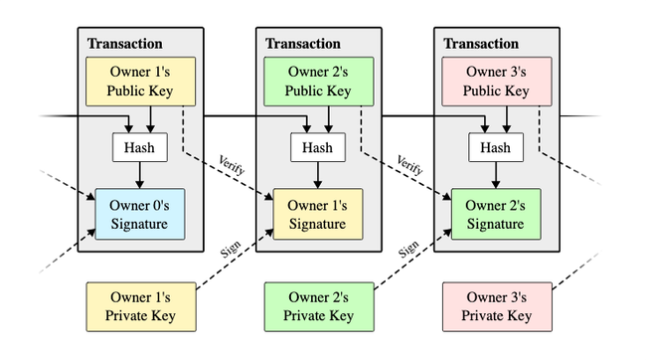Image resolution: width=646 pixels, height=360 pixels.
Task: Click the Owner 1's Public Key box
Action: (x=140, y=82)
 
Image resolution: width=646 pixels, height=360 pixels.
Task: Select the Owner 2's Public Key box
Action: (x=318, y=82)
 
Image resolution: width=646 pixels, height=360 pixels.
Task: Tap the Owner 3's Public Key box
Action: (x=497, y=82)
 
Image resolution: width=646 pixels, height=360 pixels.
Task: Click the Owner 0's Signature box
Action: (x=140, y=214)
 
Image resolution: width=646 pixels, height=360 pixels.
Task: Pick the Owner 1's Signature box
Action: (x=318, y=214)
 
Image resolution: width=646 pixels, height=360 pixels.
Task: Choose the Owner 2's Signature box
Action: (x=496, y=214)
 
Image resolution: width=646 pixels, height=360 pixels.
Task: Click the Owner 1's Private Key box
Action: (x=141, y=307)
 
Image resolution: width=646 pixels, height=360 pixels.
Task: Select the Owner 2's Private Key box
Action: (x=319, y=307)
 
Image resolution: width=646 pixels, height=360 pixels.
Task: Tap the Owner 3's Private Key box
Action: (x=497, y=307)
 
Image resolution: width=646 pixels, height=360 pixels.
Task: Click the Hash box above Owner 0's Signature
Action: (x=140, y=147)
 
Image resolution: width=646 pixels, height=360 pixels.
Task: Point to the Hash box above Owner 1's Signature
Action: (x=318, y=147)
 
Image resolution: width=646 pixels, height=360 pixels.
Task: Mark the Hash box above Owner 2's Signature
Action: (x=496, y=147)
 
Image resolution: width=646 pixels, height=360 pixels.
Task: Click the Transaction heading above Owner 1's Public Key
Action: (x=125, y=44)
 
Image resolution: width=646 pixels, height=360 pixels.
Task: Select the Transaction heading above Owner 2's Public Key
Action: (x=303, y=44)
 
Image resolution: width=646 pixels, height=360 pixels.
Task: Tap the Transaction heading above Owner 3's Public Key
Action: (x=481, y=44)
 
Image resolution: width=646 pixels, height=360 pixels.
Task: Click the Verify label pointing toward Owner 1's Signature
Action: (x=232, y=165)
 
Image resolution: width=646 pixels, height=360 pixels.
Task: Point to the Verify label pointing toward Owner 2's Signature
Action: (x=409, y=165)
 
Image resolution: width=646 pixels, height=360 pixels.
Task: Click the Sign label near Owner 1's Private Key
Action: (x=231, y=250)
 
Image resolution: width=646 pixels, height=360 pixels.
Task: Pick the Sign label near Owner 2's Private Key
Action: (x=408, y=250)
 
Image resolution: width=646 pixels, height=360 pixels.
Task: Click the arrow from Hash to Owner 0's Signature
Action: (x=140, y=175)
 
